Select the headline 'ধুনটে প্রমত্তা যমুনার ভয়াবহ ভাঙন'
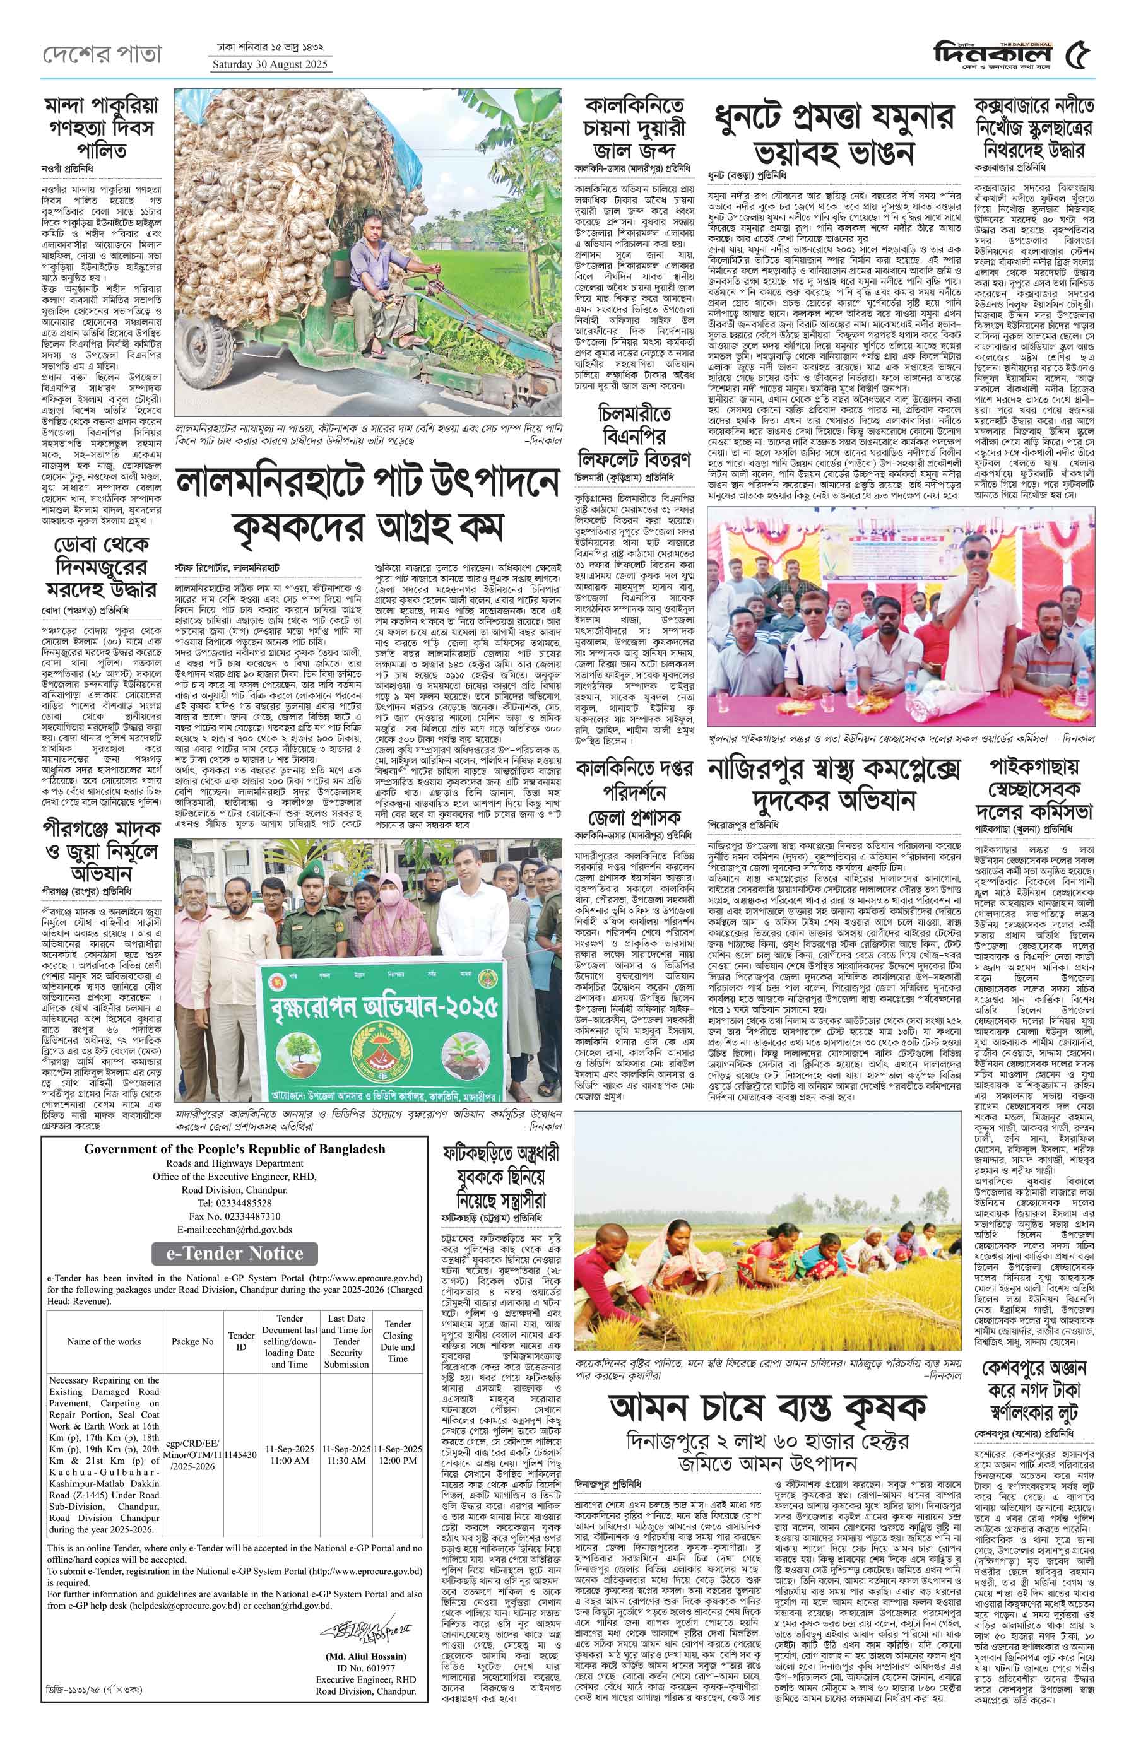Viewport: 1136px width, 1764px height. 834,134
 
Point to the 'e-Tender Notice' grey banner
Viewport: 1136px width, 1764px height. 235,1253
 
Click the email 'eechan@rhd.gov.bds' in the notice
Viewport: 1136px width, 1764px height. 235,1230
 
